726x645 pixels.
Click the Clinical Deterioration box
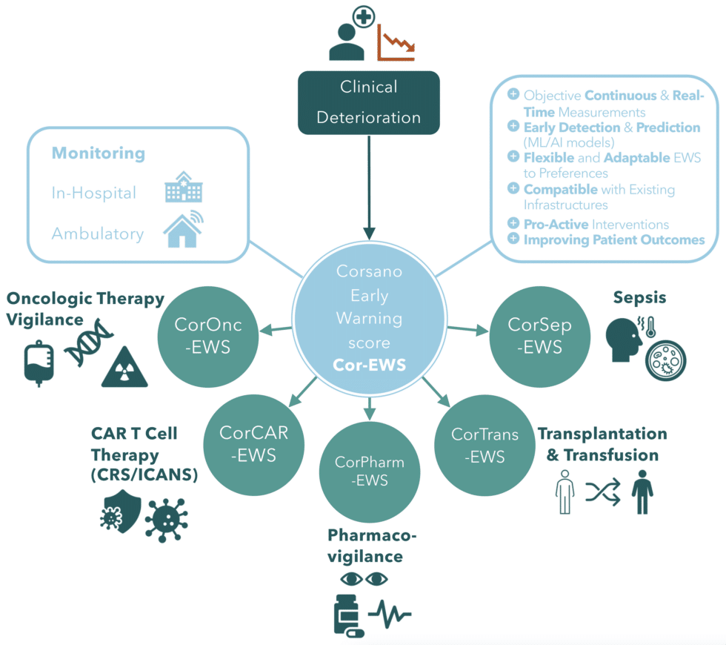[x=369, y=102]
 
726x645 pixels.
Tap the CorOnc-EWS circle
[x=207, y=336]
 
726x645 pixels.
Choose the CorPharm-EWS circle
[x=369, y=472]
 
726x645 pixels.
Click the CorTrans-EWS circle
[x=484, y=445]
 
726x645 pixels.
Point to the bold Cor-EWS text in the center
[x=368, y=365]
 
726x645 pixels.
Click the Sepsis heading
[x=639, y=298]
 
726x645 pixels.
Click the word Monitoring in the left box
[x=98, y=153]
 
